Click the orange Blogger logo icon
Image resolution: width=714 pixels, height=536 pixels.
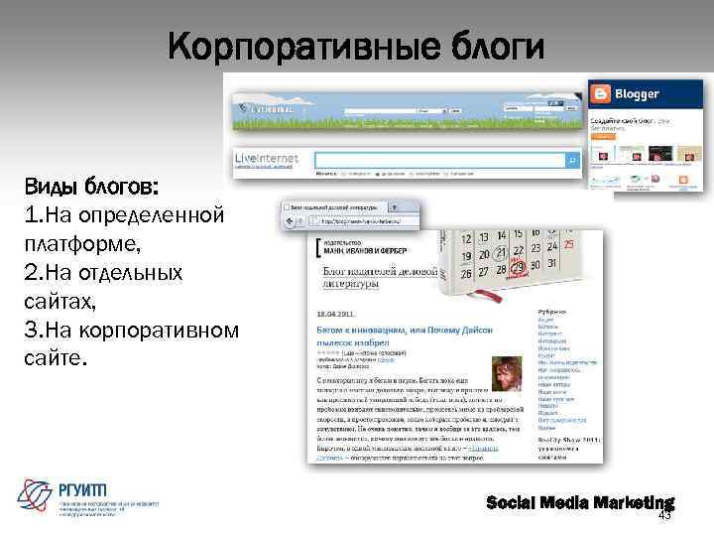600,94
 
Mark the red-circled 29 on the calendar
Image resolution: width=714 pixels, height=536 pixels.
517,268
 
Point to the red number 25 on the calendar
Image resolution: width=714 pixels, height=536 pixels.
568,244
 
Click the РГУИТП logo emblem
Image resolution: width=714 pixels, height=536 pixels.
36,493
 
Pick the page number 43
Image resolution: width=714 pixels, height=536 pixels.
664,515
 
